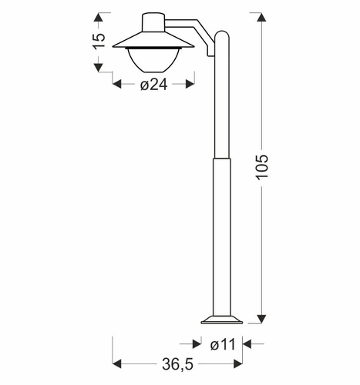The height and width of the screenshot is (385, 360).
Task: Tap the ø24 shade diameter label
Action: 154,85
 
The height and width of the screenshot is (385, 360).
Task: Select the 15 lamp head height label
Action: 98,42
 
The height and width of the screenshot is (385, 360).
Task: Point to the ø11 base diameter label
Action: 221,344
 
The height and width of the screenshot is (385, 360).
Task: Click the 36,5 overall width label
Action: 177,363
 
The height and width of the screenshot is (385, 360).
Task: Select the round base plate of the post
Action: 222,317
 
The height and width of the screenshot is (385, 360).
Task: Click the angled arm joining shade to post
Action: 197,31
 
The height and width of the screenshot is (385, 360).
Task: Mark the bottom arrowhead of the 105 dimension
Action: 261,318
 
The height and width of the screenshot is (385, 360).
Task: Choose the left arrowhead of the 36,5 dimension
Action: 118,363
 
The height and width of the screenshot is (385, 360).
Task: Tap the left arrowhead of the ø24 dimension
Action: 118,85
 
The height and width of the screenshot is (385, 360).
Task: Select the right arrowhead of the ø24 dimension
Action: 190,85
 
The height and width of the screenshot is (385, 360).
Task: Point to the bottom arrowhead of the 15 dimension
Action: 98,68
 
